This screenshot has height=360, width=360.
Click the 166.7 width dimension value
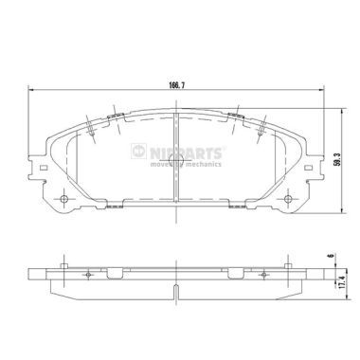[x=176, y=85]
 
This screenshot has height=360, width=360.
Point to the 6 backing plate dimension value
[x=331, y=255]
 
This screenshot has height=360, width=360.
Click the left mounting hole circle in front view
[x=64, y=199]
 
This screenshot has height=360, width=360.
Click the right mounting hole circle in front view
[x=288, y=199]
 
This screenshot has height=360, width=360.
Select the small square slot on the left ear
[x=45, y=168]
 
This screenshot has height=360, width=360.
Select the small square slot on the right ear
[x=308, y=168]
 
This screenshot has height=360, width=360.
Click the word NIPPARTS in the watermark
[x=186, y=153]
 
